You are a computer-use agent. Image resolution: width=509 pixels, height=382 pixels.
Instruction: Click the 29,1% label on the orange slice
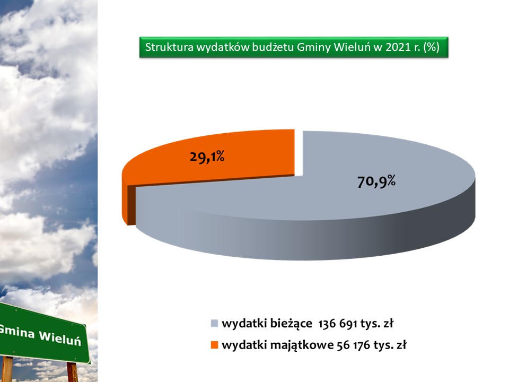pos(207,157)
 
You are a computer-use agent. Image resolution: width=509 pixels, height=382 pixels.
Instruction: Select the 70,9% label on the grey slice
pos(376,181)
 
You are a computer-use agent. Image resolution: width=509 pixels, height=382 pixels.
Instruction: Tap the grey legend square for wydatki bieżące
pos(214,324)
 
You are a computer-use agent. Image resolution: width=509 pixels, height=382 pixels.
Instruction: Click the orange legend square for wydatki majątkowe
pos(214,345)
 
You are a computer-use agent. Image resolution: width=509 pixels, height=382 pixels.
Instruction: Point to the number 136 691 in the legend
pos(338,324)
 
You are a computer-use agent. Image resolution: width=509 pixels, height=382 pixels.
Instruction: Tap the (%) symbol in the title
pos(432,47)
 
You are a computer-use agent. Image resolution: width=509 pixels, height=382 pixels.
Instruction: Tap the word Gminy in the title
pos(313,47)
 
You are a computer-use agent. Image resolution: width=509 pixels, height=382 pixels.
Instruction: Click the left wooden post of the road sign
pos(7,369)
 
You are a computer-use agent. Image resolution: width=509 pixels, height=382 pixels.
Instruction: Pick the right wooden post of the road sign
pos(73,372)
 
